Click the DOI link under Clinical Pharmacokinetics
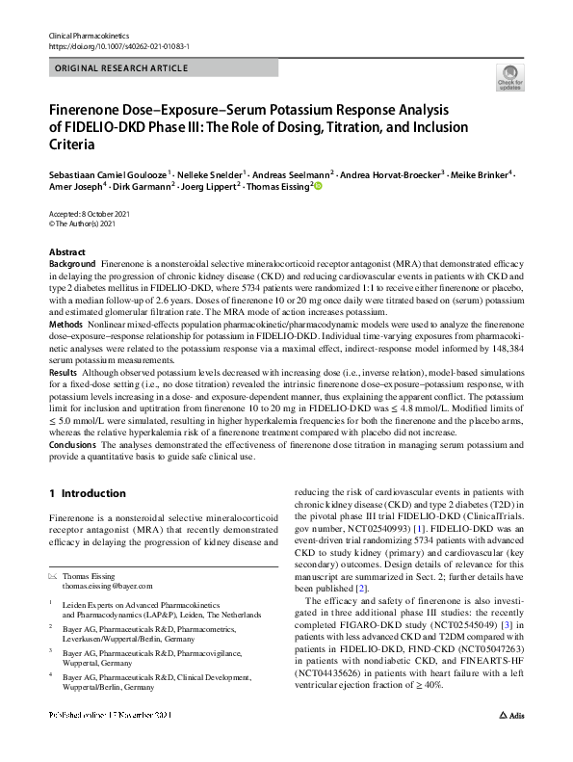coord(117,45)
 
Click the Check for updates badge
coord(508,76)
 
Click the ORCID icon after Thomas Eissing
coord(318,187)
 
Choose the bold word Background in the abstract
coord(72,263)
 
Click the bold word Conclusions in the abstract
coord(73,445)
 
